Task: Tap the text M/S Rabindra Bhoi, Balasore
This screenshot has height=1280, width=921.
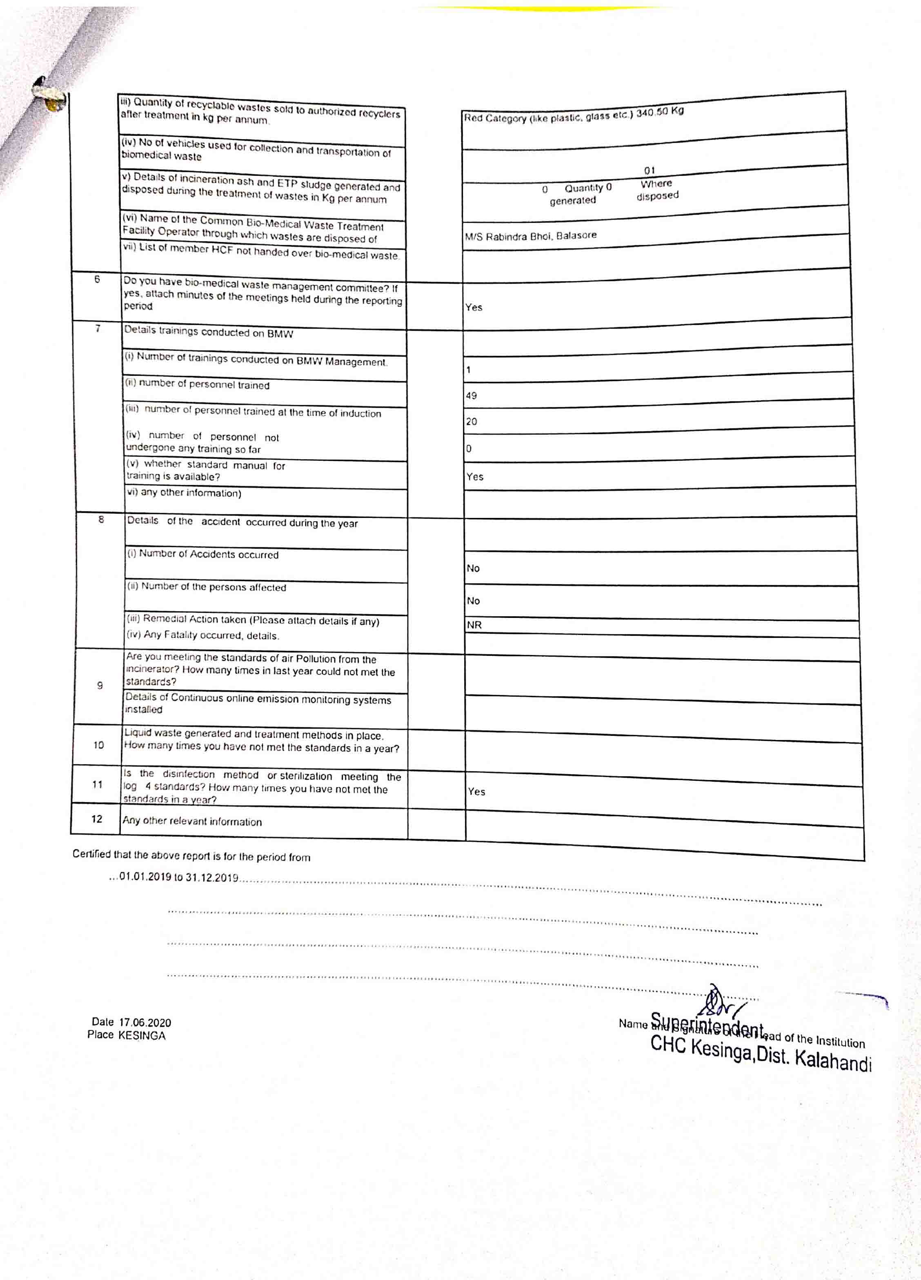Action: pyautogui.click(x=530, y=236)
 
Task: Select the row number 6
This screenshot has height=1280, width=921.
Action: pyautogui.click(x=97, y=279)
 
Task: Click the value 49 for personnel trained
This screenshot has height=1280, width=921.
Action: pyautogui.click(x=471, y=396)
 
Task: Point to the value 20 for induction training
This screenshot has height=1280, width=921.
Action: pyautogui.click(x=471, y=422)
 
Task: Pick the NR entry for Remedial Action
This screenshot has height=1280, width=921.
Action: pyautogui.click(x=474, y=625)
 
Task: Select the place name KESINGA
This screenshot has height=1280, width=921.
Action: pyautogui.click(x=142, y=1036)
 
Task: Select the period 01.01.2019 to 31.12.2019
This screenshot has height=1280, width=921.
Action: pyautogui.click(x=178, y=878)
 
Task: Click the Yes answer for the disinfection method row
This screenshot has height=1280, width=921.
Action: pyautogui.click(x=476, y=792)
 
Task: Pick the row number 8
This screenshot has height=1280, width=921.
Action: pyautogui.click(x=101, y=519)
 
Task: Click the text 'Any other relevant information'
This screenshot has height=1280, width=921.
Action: pyautogui.click(x=192, y=821)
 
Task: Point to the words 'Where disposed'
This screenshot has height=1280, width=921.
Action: pyautogui.click(x=657, y=190)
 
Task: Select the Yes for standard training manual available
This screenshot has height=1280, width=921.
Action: pyautogui.click(x=475, y=477)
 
